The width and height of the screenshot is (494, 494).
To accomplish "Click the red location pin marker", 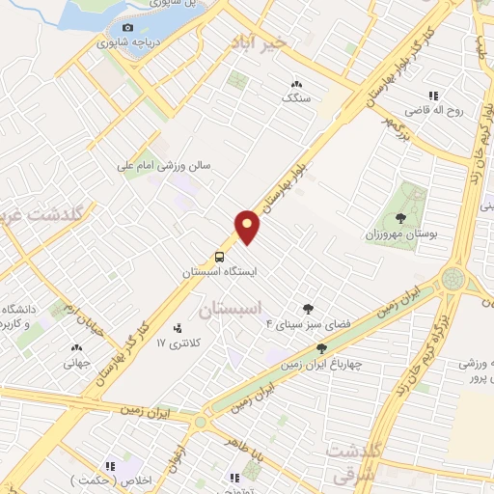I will (x=248, y=226).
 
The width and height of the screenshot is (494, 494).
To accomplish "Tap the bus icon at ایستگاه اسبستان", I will (x=220, y=258).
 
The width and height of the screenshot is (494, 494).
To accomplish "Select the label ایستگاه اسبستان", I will (x=221, y=273).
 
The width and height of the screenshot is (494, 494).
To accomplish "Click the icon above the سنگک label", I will (x=296, y=84).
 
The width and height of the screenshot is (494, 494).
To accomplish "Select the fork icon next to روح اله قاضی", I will (x=433, y=96).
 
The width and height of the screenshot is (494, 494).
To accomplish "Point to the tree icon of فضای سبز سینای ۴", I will (x=308, y=309).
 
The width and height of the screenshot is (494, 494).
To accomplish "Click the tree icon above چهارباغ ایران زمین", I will (x=321, y=348).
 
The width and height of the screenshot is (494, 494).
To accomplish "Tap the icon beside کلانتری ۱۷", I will (x=176, y=328).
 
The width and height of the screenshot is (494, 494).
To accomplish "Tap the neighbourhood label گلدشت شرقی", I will (x=355, y=461).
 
